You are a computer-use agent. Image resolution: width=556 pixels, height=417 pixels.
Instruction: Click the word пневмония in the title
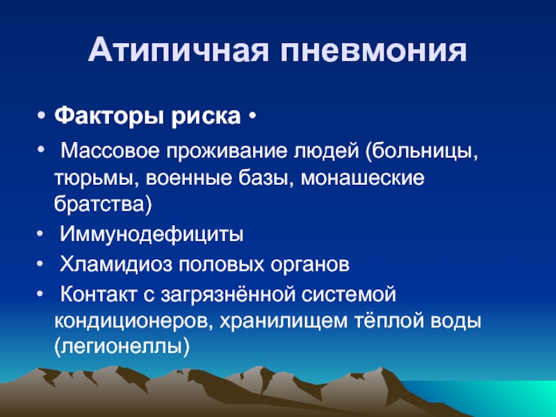pos(373,49)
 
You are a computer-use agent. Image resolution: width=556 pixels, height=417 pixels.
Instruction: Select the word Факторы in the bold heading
pos(109,115)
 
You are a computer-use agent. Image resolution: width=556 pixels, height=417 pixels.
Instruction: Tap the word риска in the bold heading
pos(206,115)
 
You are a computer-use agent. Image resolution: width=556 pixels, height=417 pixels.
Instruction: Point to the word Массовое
pos(111,151)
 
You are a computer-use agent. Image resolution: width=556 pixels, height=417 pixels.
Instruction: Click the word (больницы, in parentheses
pos(423,152)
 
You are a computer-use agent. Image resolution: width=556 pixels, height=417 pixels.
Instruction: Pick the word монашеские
pos(362,178)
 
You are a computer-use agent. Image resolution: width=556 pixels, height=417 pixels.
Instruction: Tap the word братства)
pos(103,204)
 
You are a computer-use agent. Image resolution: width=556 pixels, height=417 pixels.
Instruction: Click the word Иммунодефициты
pos(152,234)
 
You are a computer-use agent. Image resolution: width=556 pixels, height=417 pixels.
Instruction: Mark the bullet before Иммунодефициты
pos(40,234)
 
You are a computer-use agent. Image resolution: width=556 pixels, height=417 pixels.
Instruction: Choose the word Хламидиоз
pos(115,264)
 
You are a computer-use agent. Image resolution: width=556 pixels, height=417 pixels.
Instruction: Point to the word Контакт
pos(99,294)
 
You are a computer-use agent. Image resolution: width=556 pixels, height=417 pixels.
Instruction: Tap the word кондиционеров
pos(133,321)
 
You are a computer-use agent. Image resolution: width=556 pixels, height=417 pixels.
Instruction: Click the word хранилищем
pos(284,321)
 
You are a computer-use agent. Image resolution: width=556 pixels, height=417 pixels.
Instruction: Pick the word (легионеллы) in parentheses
pos(122,346)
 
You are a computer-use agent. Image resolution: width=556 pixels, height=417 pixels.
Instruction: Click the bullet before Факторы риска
pos(41,115)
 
